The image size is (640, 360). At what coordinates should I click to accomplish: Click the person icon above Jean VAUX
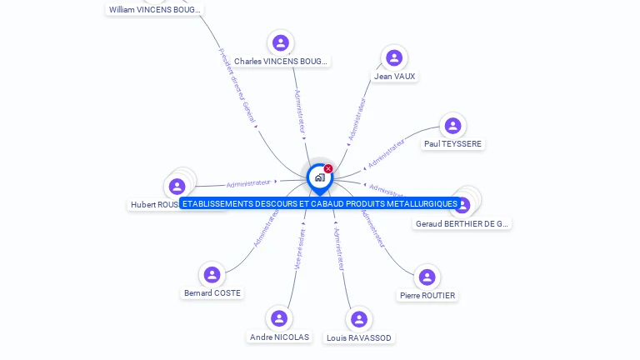394,57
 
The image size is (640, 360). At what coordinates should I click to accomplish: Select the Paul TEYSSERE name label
452,143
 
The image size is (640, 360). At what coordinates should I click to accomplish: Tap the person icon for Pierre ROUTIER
427,277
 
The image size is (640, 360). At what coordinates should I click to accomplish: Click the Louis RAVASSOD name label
359,337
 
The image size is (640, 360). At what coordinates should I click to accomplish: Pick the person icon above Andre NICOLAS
279,318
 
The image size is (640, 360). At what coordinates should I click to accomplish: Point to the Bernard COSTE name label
212,292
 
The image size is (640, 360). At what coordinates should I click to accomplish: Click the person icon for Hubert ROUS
177,186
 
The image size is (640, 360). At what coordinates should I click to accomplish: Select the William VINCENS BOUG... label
155,10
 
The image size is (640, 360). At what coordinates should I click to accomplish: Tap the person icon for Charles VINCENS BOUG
281,42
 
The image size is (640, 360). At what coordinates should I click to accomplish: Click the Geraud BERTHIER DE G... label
462,223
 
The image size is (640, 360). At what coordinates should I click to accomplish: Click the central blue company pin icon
319,177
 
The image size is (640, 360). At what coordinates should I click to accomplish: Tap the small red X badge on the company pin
328,168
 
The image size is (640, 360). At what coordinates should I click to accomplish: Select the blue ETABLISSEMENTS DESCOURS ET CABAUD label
320,203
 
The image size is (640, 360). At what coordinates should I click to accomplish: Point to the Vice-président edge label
300,248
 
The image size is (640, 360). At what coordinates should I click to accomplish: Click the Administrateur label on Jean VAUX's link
357,118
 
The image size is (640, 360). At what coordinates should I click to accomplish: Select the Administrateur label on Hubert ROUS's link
248,182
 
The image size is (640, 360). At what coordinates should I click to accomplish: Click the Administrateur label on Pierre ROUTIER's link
372,227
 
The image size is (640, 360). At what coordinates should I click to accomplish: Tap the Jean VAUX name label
394,76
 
